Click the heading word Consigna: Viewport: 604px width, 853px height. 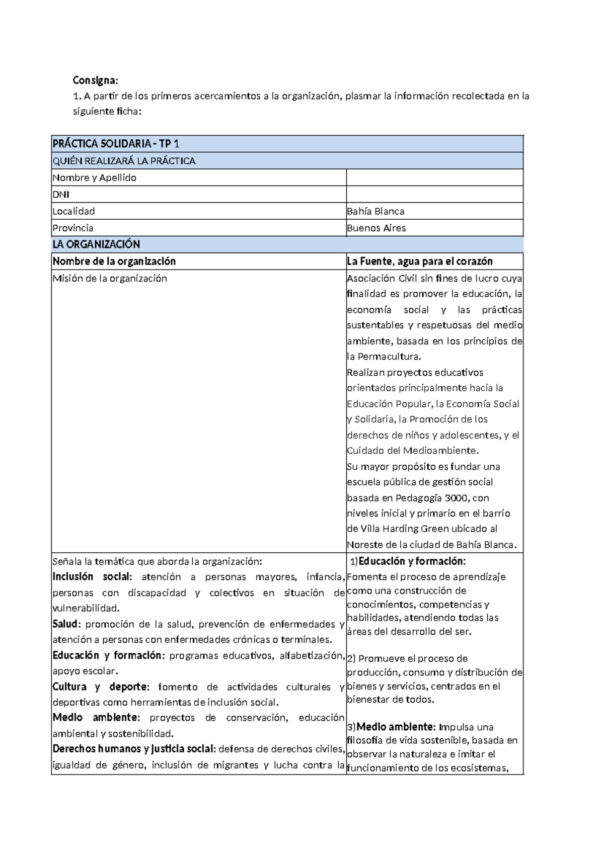[x=95, y=80]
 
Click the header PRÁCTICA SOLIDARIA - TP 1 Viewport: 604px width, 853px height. [x=116, y=144]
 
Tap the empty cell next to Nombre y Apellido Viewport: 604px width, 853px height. [x=434, y=178]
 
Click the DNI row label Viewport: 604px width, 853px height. [x=61, y=195]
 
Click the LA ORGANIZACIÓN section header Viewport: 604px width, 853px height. [x=96, y=244]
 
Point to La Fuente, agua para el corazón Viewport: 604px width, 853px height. [x=419, y=261]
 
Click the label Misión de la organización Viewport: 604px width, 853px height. [x=110, y=278]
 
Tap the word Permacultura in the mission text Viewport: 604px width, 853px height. [x=389, y=357]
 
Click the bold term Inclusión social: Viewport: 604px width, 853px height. [x=92, y=577]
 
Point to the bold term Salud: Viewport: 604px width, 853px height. [x=66, y=624]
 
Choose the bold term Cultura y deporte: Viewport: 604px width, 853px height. [x=101, y=687]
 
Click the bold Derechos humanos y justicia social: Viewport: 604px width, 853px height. [x=134, y=749]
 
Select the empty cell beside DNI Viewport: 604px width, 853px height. [x=434, y=195]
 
